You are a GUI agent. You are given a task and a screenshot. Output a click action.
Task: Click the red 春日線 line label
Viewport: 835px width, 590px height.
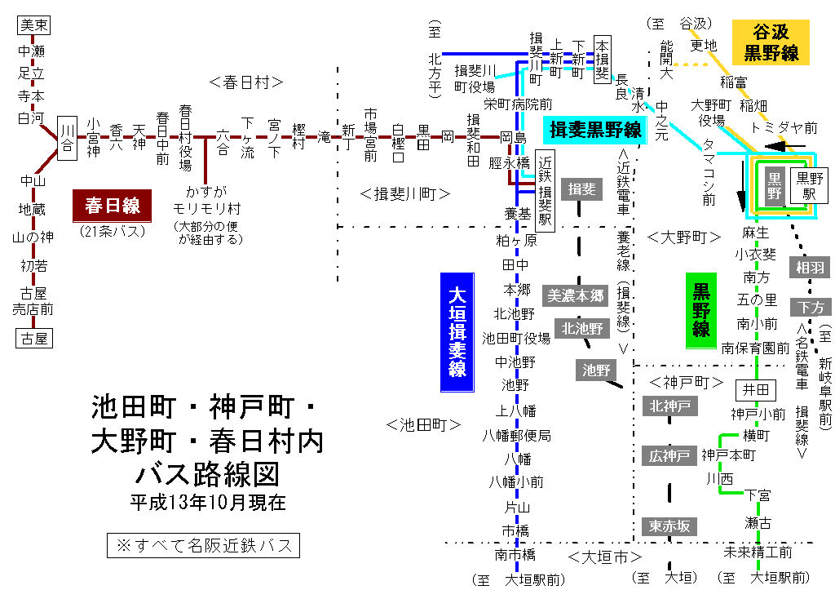(112, 205)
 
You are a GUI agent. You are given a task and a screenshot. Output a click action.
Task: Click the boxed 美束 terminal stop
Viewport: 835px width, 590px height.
(34, 25)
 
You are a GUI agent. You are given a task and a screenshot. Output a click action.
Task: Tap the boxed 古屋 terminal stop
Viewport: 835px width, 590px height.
(34, 337)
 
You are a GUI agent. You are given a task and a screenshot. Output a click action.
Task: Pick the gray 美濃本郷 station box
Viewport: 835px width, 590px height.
(577, 296)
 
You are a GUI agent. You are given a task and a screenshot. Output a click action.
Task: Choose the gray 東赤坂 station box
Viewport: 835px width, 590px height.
(669, 526)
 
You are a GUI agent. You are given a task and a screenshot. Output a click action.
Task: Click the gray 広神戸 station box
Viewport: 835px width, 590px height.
(669, 455)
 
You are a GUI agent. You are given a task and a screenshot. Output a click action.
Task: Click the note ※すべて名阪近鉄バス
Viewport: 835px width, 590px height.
(204, 544)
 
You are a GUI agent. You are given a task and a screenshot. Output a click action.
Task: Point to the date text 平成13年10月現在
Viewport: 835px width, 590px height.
(208, 502)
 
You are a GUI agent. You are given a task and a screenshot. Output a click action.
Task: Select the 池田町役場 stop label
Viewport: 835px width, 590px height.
(516, 338)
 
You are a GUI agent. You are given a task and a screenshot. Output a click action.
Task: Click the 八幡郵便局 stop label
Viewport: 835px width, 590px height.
(516, 435)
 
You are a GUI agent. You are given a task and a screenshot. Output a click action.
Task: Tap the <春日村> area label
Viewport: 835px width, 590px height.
(245, 82)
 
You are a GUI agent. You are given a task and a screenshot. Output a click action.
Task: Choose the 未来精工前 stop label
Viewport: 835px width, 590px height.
(758, 552)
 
